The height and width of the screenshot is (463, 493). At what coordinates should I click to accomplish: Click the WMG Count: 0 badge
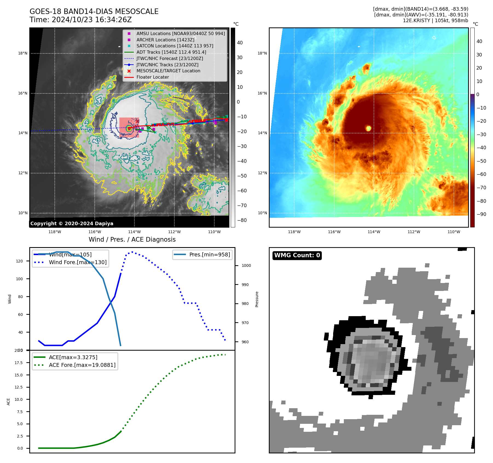(297, 255)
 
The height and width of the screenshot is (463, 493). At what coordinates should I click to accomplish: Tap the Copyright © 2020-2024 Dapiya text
(72, 224)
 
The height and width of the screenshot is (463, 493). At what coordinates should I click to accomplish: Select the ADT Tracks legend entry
(171, 52)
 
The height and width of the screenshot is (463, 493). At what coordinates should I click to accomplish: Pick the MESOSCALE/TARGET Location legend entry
(168, 71)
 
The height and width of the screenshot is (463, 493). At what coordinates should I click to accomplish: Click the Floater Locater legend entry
(152, 77)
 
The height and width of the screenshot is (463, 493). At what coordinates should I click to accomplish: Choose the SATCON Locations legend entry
(175, 46)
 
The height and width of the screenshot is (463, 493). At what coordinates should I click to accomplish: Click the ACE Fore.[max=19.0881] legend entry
(82, 365)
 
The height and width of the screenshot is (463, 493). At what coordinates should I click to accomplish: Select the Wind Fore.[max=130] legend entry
(78, 262)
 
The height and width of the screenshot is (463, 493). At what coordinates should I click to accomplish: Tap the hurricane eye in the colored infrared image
(368, 128)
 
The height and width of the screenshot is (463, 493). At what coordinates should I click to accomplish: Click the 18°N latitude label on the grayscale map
(23, 53)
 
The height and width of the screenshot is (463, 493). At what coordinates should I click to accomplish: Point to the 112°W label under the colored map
(414, 232)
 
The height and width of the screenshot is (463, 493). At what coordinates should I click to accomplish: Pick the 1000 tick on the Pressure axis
(246, 265)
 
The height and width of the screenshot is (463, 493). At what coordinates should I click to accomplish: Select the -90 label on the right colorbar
(481, 214)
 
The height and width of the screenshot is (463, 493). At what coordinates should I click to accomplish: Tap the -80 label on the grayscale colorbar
(242, 220)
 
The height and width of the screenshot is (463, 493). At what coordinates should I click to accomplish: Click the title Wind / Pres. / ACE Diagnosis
(132, 239)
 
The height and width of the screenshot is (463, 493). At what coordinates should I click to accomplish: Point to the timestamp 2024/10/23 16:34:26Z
(92, 20)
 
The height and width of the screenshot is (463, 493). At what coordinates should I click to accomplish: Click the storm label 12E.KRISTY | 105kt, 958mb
(435, 21)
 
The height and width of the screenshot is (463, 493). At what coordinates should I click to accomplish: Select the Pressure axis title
(257, 299)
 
